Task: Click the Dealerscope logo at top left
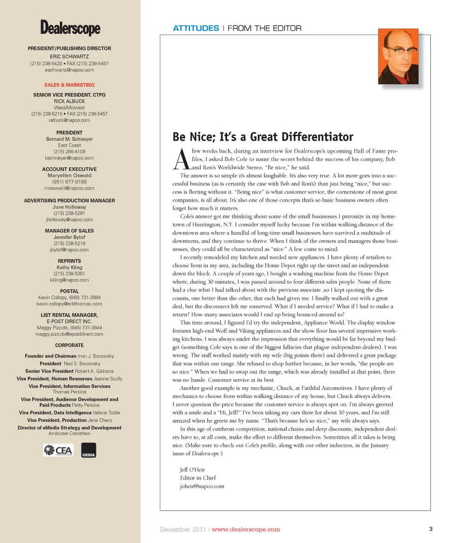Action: point(70,28)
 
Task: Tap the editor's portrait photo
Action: point(398,57)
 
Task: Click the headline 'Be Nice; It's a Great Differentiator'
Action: point(263,137)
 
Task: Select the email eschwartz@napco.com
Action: point(69,70)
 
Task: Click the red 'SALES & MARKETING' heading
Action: point(69,85)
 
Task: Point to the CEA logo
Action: point(58,451)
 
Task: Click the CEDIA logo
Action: point(88,451)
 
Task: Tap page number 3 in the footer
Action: point(430,529)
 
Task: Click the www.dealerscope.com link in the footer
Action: point(246,529)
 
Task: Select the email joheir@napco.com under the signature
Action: point(202,486)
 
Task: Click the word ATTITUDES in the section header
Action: point(196,29)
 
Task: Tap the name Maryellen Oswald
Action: point(69,175)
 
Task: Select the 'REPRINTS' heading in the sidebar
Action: point(69,261)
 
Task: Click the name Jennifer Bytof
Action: point(69,237)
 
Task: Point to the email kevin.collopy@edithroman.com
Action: point(69,304)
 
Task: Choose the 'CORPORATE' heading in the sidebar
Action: point(69,345)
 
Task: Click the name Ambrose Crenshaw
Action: point(69,433)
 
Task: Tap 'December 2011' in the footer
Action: point(183,529)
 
